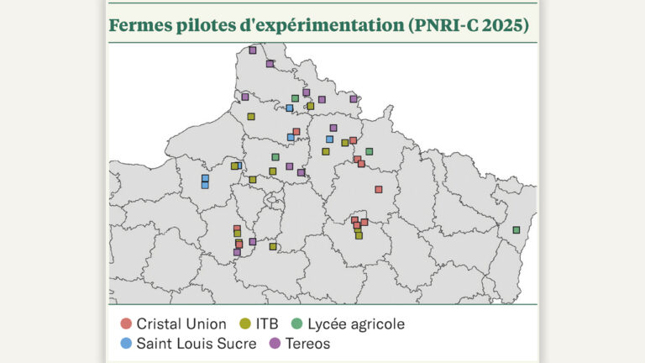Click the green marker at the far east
(516, 229)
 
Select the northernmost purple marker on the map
(252, 50)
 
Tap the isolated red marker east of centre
(379, 189)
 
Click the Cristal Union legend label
(181, 324)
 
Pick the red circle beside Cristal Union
(125, 324)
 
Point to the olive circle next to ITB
(244, 324)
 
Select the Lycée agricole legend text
(356, 324)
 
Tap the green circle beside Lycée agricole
(296, 324)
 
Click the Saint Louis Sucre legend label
(197, 343)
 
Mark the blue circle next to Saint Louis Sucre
(125, 343)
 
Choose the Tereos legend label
(307, 343)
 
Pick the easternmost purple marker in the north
(353, 98)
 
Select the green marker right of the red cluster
(369, 151)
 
